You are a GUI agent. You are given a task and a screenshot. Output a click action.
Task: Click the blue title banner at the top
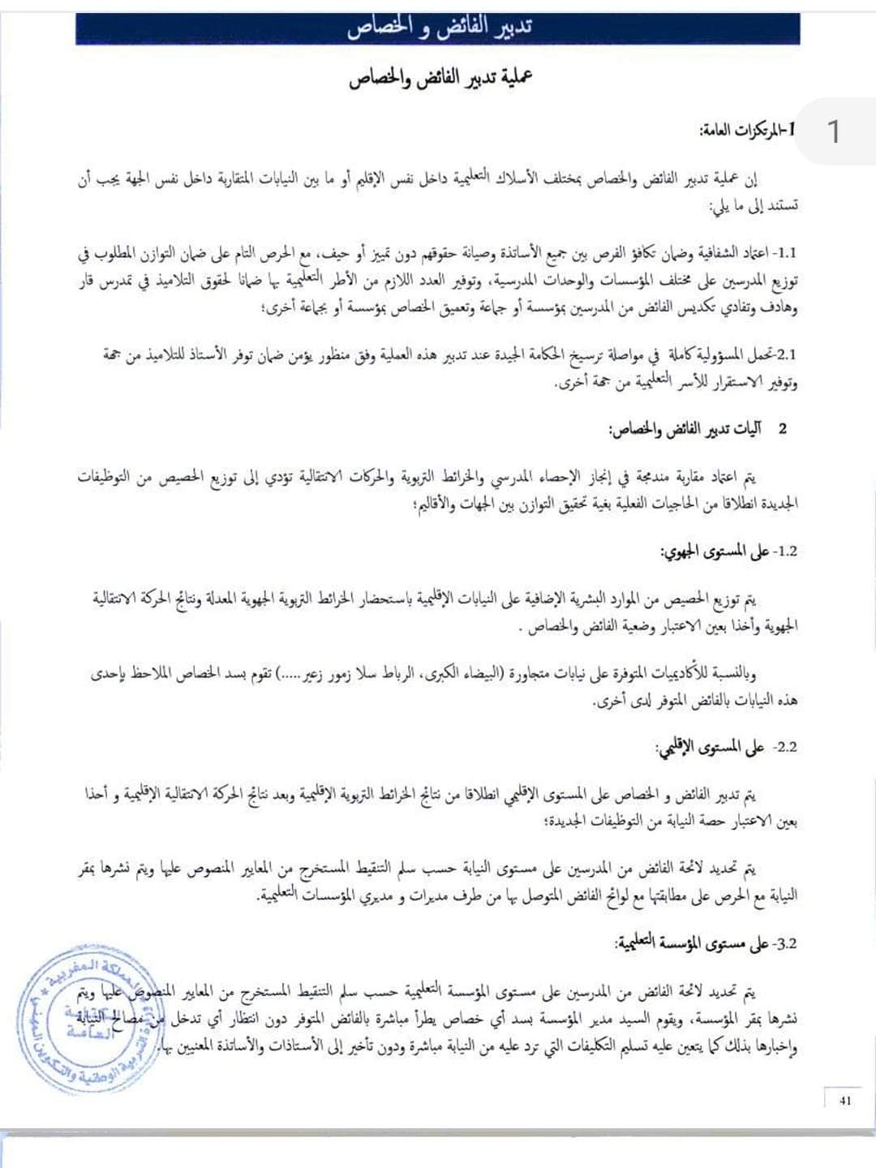[x=438, y=28]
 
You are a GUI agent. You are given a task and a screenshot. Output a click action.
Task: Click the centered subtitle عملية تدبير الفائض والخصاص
[x=440, y=80]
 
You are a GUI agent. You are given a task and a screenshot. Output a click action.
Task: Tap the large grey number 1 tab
[x=832, y=131]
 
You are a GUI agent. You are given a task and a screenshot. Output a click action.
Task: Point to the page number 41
[x=846, y=1101]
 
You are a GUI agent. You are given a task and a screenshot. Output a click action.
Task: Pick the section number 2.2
[x=785, y=747]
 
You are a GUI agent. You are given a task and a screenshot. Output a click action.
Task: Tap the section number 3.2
[x=785, y=944]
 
